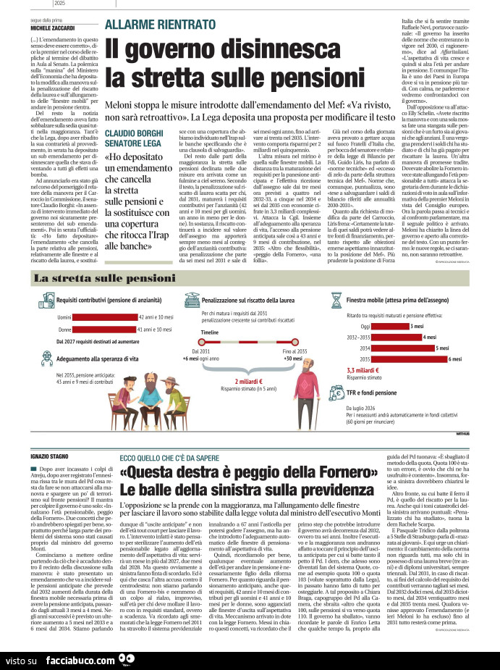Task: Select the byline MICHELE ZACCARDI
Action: (51, 28)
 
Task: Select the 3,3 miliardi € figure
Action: (363, 370)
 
